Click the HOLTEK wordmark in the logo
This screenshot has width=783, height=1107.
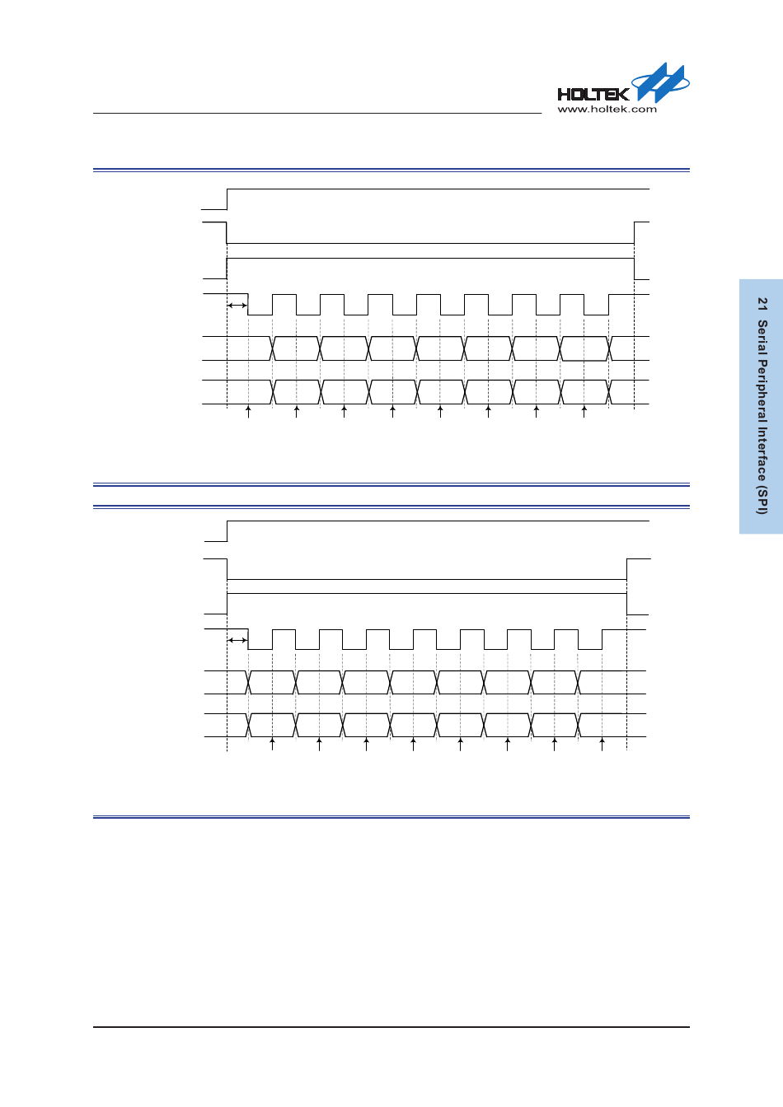tap(593, 94)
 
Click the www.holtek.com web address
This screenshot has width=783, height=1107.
tap(607, 109)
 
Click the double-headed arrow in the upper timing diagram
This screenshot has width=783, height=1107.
tap(237, 306)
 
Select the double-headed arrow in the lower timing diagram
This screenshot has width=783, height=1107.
tap(237, 640)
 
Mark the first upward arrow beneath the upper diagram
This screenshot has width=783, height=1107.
tap(248, 411)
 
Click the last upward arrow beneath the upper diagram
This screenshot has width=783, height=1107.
tap(584, 411)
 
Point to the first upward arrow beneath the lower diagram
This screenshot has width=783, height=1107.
tap(272, 745)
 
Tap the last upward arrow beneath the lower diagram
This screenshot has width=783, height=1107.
tap(602, 745)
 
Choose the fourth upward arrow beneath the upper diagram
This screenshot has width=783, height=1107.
tap(392, 411)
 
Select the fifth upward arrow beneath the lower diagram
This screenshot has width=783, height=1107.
tap(460, 745)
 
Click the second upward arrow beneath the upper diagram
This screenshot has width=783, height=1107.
tap(296, 411)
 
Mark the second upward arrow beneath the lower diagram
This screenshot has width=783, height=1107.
tap(319, 745)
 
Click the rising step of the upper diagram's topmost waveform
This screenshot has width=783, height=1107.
tap(227, 199)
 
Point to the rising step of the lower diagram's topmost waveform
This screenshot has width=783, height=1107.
tap(227, 531)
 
